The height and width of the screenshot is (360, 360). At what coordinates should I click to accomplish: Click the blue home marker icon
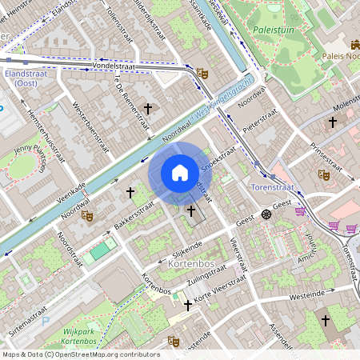[x=180, y=173]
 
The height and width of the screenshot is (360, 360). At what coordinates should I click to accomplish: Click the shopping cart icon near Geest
[x=301, y=212]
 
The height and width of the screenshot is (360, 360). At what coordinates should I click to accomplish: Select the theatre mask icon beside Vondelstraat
[x=202, y=74]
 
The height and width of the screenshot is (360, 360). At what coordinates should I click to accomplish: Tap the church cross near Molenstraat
[x=333, y=122]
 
